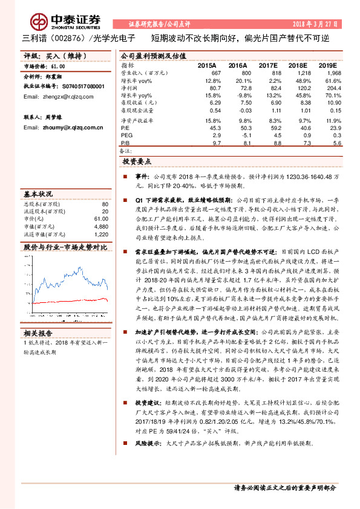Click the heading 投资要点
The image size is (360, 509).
tap(137, 163)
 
